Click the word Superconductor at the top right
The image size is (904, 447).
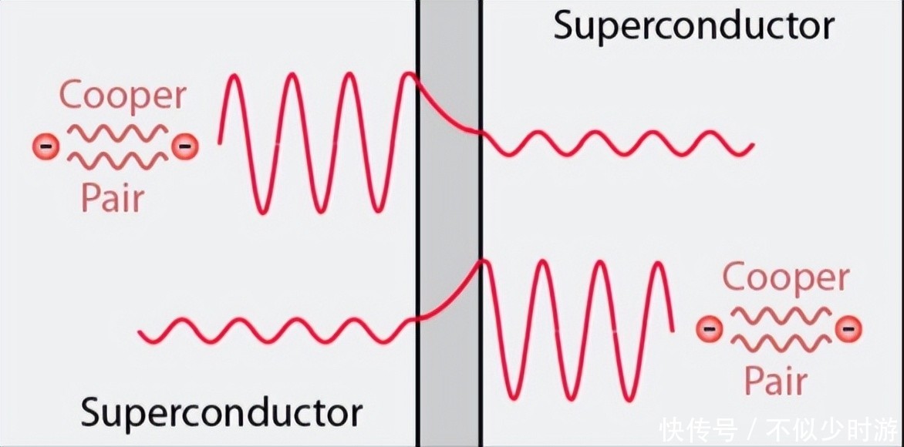pos(693,25)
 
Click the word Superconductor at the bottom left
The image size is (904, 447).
pos(221,412)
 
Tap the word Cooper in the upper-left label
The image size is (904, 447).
pos(123,97)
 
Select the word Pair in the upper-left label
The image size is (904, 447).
pos(113,198)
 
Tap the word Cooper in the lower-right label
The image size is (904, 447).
pos(786,279)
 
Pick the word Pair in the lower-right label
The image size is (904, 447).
pos(775,380)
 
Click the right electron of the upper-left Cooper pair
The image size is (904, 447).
pos(184,145)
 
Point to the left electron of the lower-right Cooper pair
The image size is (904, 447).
pos(709,329)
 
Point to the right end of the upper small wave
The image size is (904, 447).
pos(751,146)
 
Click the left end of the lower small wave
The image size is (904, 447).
pos(141,333)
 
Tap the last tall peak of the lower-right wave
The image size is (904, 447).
pos(658,264)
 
